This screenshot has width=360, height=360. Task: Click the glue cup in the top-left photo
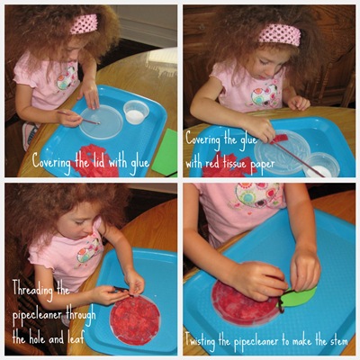[x=136, y=112]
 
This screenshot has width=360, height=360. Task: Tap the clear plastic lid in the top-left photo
[x=101, y=121]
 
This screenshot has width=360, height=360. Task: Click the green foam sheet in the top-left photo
[x=165, y=152]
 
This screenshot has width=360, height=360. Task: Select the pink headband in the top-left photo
[x=84, y=23]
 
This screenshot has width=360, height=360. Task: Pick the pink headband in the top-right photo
[x=279, y=35]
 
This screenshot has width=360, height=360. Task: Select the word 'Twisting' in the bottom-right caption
[x=200, y=341]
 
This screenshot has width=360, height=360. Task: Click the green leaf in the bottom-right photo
[x=298, y=297]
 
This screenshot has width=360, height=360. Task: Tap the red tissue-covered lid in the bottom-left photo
[x=135, y=320]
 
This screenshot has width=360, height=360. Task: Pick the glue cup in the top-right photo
[x=321, y=165]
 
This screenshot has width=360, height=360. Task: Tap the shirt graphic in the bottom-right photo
[x=258, y=195]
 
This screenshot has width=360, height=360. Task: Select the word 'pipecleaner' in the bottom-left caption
[x=38, y=315]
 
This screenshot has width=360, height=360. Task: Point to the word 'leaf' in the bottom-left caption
[x=74, y=338]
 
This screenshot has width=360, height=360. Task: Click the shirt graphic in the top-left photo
[x=67, y=78]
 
